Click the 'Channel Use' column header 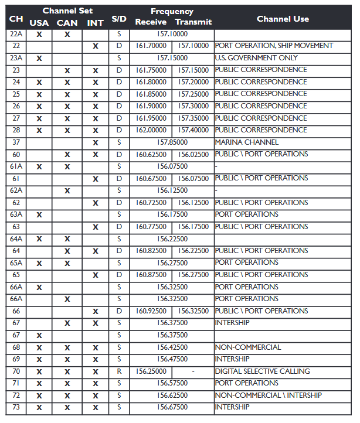click(283, 19)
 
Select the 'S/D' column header click(119, 19)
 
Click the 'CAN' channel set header click(67, 23)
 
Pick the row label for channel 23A click(16, 58)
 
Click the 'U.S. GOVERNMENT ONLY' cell click(256, 58)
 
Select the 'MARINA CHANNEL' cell click(247, 142)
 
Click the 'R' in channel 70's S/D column click(119, 371)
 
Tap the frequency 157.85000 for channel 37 click(172, 142)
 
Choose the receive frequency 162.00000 click(151, 130)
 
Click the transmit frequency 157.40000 click(193, 130)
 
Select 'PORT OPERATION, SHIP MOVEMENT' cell click(274, 46)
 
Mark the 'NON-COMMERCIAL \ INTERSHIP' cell click(268, 395)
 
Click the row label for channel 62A click(16, 190)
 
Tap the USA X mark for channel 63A click(39, 215)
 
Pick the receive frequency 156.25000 click(151, 371)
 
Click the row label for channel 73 click(16, 407)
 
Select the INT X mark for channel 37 click(95, 143)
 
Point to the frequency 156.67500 click(172, 407)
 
